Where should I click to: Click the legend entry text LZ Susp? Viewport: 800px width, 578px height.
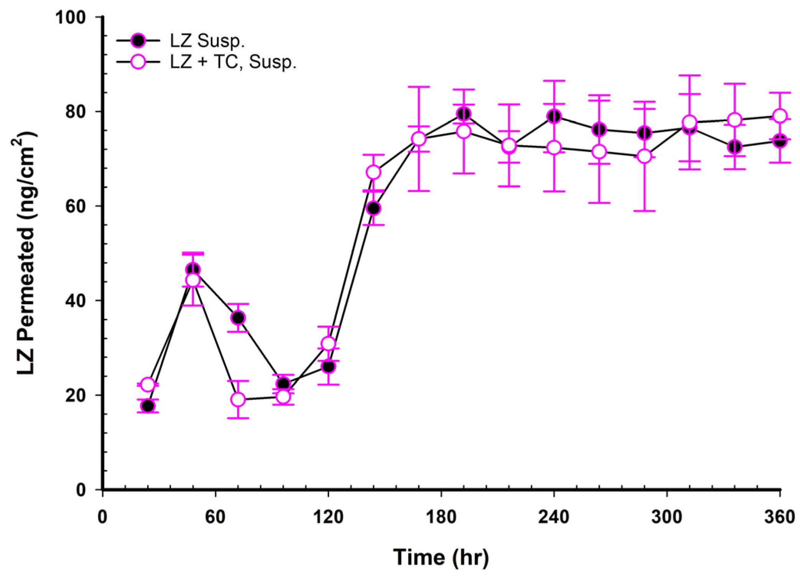coord(207,41)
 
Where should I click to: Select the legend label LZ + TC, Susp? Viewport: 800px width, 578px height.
coord(233,62)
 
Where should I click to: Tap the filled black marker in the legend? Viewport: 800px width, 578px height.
coord(138,40)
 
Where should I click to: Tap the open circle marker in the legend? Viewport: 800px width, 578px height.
coord(138,62)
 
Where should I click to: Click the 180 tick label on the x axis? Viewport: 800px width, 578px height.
coord(441,517)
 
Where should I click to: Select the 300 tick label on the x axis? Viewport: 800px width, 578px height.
coord(667,517)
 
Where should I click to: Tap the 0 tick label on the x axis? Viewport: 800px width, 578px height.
coord(102,517)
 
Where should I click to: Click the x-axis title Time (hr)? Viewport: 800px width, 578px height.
coord(441,557)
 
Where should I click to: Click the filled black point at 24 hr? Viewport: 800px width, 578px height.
coord(148,405)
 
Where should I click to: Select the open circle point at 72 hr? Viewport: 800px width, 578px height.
coord(238,400)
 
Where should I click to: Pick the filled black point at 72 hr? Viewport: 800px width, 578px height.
coord(238,318)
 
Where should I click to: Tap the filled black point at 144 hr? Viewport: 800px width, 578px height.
coord(374,208)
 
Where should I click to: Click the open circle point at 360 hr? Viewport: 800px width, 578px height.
coord(780,116)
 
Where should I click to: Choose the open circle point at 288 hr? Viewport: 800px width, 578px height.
coord(644,156)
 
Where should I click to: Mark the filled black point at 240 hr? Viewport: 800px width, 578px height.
coord(554,116)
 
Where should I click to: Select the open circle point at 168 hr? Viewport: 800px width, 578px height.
coord(418,139)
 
